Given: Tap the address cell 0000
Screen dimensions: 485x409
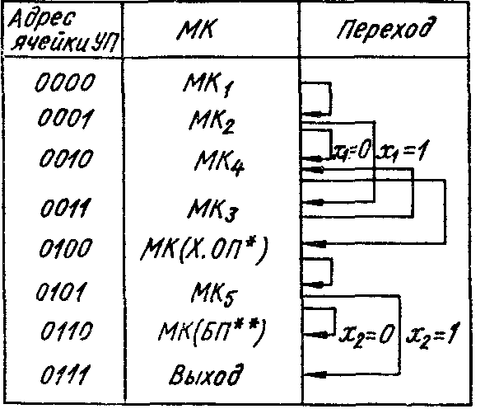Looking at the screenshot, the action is point(65,82).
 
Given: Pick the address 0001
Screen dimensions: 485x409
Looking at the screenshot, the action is point(66,118).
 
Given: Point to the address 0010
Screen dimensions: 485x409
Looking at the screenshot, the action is point(66,158).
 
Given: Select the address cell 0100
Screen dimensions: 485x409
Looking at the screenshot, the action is point(66,248).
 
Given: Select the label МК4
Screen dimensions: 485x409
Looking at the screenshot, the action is point(219,162).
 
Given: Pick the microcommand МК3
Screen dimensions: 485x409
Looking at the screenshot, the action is point(212,211).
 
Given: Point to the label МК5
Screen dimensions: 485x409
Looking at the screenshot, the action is point(214,294).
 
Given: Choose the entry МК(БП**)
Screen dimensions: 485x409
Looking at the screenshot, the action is point(212,333).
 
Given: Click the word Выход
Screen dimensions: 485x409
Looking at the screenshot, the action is point(206,374).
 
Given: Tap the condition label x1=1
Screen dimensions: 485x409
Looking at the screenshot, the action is point(402,152).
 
